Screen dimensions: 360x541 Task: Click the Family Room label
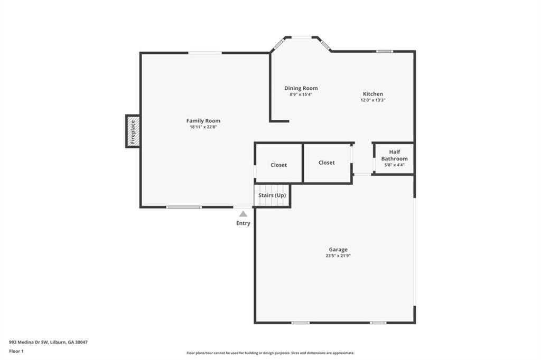click(203, 121)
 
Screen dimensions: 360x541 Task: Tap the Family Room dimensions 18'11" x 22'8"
click(203, 127)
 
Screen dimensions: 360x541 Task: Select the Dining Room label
click(301, 88)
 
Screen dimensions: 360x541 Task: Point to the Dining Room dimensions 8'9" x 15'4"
click(301, 94)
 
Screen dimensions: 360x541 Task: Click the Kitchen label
click(372, 94)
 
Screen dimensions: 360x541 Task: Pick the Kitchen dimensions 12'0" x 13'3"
click(372, 100)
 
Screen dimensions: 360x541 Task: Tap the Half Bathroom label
click(394, 155)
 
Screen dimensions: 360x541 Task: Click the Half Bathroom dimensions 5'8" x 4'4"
click(394, 165)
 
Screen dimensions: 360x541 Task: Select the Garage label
click(338, 250)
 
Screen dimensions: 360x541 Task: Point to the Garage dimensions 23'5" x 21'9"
click(338, 256)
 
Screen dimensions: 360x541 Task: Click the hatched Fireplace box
click(133, 131)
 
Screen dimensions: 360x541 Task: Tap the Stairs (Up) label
click(272, 195)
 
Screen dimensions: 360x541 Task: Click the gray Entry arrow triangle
click(243, 214)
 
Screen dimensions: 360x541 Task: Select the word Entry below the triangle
click(243, 223)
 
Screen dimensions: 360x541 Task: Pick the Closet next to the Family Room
click(278, 165)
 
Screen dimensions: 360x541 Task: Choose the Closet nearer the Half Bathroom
click(327, 163)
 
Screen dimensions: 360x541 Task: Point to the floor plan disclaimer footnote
click(270, 353)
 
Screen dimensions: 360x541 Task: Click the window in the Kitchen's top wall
click(385, 51)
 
